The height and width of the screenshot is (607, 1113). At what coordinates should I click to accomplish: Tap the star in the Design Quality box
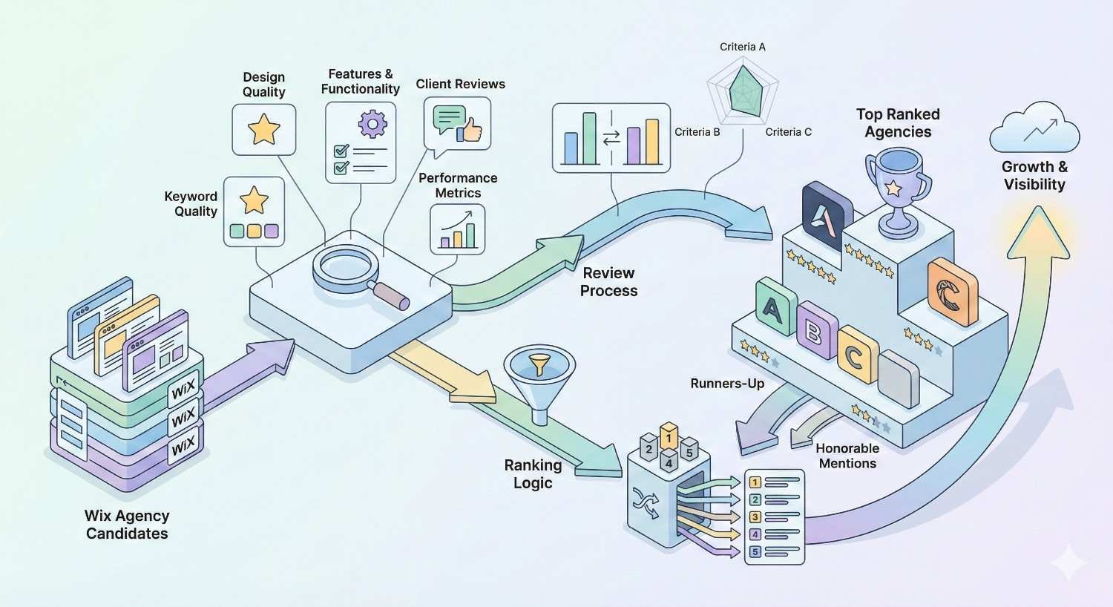(x=263, y=129)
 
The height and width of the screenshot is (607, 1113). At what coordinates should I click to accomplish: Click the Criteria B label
(x=697, y=132)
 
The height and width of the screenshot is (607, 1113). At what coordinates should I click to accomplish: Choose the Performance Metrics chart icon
(x=457, y=229)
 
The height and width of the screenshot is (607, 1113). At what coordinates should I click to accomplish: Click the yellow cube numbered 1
(x=669, y=437)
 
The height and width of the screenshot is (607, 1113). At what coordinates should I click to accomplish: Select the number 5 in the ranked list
(x=755, y=551)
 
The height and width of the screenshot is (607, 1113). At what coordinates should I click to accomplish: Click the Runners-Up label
(x=726, y=384)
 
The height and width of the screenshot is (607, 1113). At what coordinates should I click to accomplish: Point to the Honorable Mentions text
(x=847, y=456)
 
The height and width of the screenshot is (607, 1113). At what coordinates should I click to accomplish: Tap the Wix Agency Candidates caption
(x=126, y=524)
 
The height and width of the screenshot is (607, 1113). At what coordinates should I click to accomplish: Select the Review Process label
(x=608, y=282)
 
